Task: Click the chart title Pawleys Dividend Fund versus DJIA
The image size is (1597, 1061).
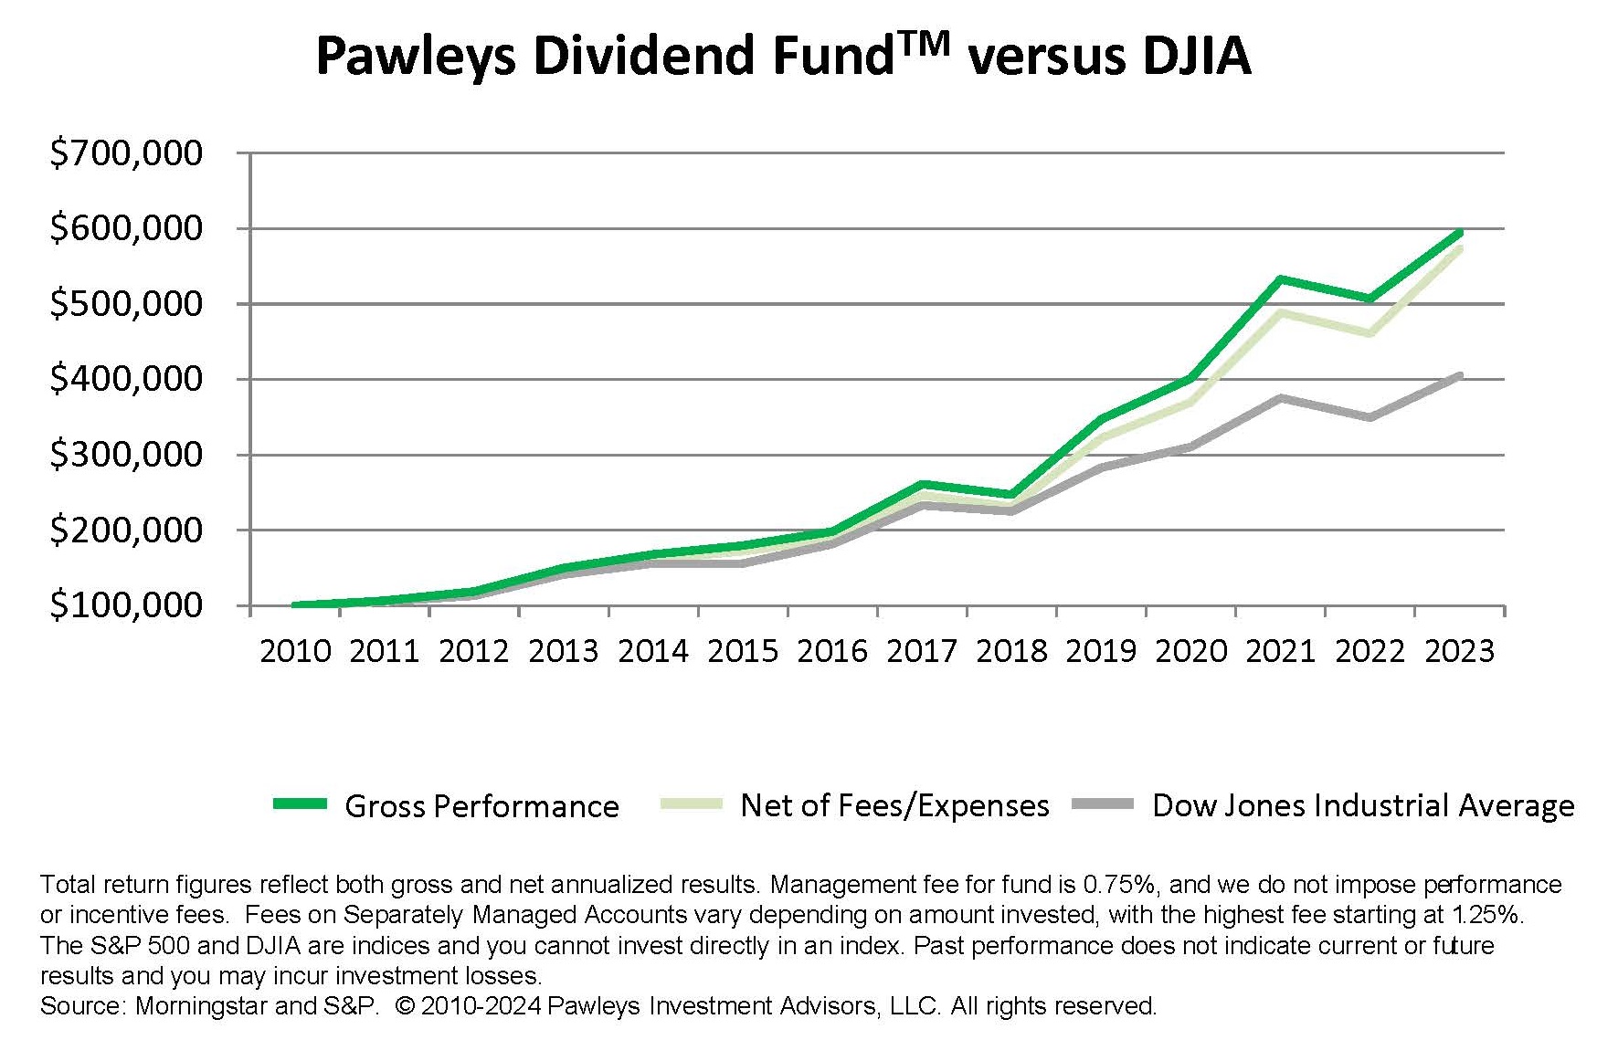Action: click(x=782, y=56)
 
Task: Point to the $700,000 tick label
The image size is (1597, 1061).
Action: click(x=126, y=152)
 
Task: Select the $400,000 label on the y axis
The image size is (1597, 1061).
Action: click(x=126, y=378)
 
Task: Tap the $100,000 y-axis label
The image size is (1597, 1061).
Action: click(x=126, y=604)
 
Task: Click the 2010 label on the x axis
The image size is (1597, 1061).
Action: click(x=295, y=651)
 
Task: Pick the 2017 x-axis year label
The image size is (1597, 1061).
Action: click(x=922, y=651)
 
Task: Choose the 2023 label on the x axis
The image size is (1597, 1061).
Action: click(x=1459, y=651)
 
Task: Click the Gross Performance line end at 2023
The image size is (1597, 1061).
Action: click(x=1459, y=233)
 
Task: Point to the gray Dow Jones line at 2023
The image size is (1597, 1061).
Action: click(x=1459, y=375)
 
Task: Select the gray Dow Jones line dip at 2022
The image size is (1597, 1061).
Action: click(x=1370, y=417)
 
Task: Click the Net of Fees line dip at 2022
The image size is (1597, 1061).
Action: click(x=1370, y=333)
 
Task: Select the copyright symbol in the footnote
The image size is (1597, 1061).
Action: click(x=406, y=1006)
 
